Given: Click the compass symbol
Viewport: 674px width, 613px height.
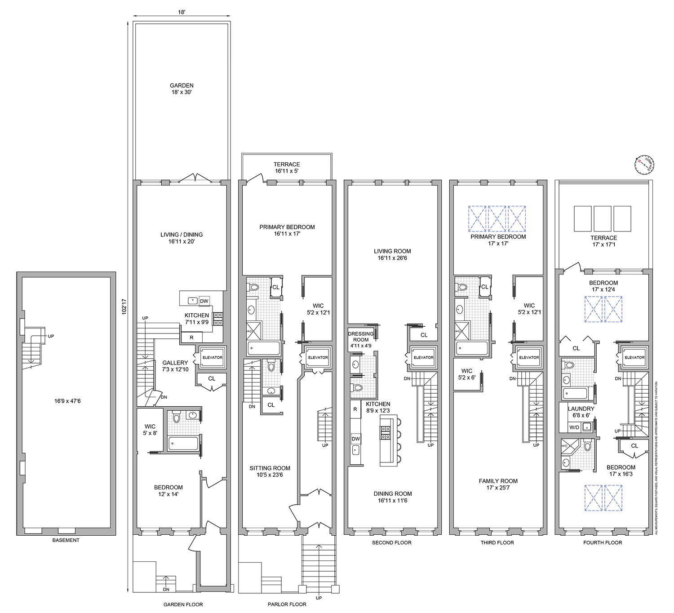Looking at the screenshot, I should click(x=645, y=165).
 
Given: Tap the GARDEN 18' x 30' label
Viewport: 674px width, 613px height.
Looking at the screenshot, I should click(x=182, y=89).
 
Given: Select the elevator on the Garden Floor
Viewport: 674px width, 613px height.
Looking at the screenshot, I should click(x=212, y=358).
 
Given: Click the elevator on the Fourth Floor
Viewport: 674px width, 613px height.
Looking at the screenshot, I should click(x=634, y=358).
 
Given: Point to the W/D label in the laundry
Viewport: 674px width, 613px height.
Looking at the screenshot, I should click(x=574, y=427).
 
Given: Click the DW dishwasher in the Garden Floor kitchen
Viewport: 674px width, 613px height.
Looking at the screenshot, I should click(x=204, y=301).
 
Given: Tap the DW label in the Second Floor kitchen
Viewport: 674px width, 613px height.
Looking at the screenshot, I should click(x=355, y=439).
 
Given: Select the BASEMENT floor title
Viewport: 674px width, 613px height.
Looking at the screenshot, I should click(x=66, y=540).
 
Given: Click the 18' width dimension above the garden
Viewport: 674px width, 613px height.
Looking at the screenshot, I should click(x=181, y=12).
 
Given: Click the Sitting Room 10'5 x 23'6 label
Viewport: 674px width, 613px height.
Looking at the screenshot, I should click(x=270, y=471).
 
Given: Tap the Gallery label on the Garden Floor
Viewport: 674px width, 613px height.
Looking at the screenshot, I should click(x=175, y=366).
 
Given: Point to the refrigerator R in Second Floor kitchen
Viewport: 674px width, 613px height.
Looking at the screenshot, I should click(x=355, y=409).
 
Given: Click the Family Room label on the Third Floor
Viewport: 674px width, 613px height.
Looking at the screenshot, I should click(x=498, y=484).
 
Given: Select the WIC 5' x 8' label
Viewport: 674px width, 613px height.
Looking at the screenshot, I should click(x=150, y=430).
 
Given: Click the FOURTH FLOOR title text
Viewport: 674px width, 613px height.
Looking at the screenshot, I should click(x=603, y=542).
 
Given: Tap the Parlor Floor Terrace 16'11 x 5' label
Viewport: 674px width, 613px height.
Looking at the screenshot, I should click(x=287, y=168).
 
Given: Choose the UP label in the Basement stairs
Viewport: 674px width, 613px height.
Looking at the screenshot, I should click(x=51, y=336).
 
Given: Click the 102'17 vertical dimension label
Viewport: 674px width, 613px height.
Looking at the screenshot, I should click(x=124, y=306).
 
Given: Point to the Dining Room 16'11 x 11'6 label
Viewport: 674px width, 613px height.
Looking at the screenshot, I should click(x=392, y=497).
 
